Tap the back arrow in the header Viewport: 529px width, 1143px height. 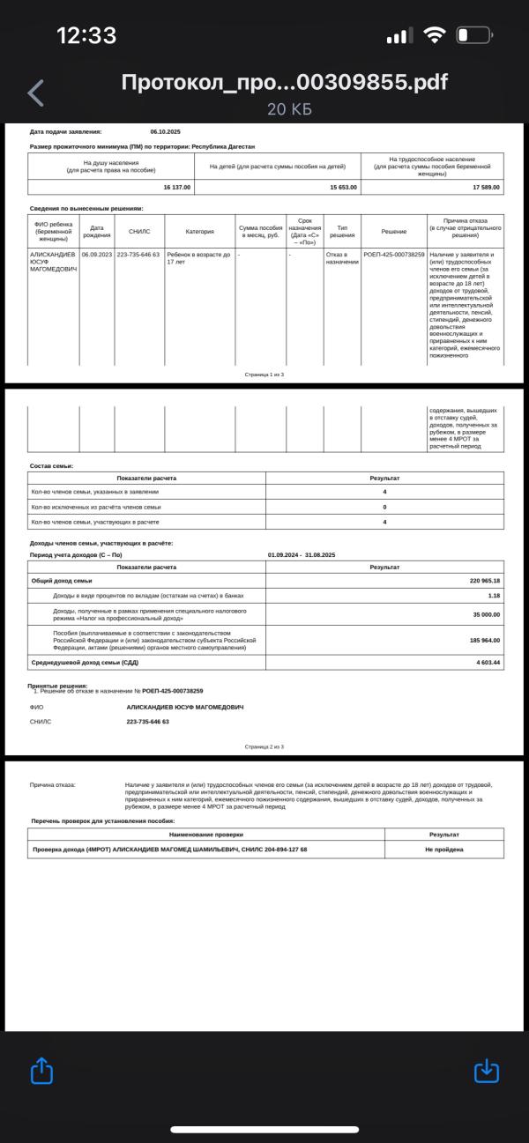tap(35, 93)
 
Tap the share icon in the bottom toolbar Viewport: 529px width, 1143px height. tap(42, 1070)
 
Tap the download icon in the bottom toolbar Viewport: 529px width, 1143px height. tap(487, 1070)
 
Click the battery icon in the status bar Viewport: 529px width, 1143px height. tap(473, 36)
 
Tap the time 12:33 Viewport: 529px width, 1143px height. tap(86, 35)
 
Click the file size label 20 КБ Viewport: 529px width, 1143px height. tap(289, 109)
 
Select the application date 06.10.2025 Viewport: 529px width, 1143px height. tap(165, 131)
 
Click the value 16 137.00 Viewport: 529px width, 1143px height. tap(176, 187)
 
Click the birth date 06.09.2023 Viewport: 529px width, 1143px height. tap(97, 254)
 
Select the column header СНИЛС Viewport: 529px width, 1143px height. tap(139, 232)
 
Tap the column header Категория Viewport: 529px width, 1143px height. tap(199, 232)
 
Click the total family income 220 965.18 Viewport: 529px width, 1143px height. tap(484, 581)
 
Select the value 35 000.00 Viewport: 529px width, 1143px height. tap(486, 613)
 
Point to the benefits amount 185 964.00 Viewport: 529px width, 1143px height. tap(484, 640)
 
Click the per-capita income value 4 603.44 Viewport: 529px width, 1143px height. tap(488, 661)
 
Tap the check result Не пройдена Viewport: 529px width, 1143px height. tap(444, 850)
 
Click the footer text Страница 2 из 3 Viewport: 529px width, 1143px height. tap(264, 746)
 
